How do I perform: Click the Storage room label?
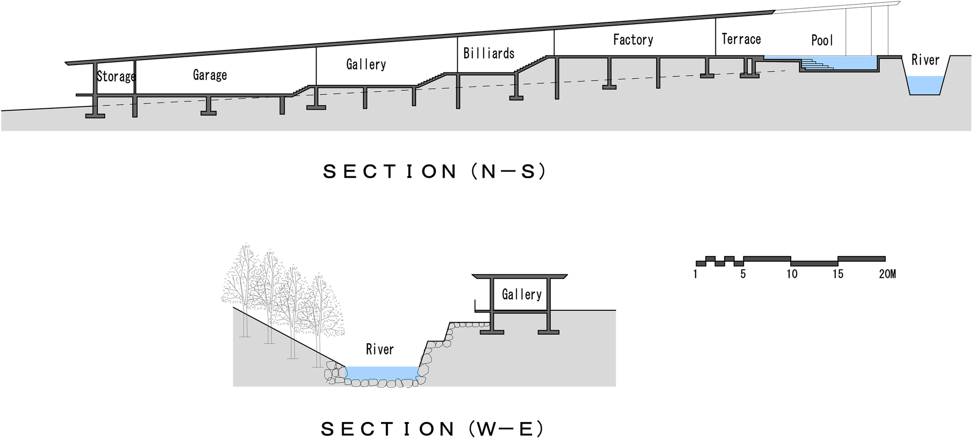click(116, 76)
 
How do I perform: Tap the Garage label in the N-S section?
click(209, 75)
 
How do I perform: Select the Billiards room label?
click(488, 53)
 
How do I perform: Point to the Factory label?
click(633, 39)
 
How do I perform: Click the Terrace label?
click(741, 39)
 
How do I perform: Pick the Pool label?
click(822, 40)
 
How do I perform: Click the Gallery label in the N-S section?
click(366, 64)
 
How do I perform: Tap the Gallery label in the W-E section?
click(521, 294)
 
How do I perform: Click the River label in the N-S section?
click(925, 60)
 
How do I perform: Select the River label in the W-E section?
click(380, 349)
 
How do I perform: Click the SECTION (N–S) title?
click(434, 171)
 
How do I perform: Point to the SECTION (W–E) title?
click(432, 428)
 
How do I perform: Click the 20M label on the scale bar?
click(887, 274)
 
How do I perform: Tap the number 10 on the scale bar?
click(792, 274)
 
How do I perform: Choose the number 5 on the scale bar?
click(743, 274)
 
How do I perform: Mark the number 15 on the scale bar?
click(838, 274)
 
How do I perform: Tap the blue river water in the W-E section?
click(382, 373)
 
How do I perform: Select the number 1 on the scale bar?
click(695, 274)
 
